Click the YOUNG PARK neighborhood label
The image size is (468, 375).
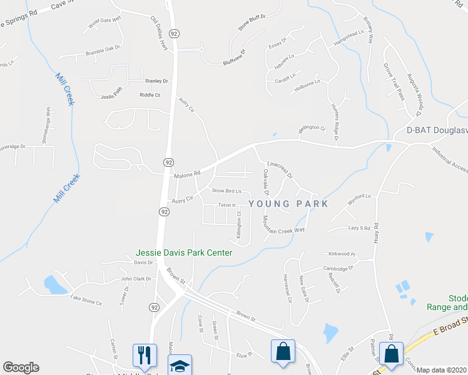[x=288, y=203]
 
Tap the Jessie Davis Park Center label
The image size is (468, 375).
[x=185, y=252]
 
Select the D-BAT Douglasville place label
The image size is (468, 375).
[x=437, y=130]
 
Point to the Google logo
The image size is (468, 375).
[x=21, y=367]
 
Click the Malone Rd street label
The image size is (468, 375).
[x=187, y=174]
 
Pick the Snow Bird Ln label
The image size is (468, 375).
[x=226, y=191]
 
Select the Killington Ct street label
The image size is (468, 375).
[x=238, y=224]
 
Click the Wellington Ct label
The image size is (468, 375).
[x=312, y=128]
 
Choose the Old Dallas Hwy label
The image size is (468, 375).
[x=160, y=34]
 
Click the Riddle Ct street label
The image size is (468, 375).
[x=150, y=95]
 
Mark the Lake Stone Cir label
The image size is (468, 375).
[x=86, y=301]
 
